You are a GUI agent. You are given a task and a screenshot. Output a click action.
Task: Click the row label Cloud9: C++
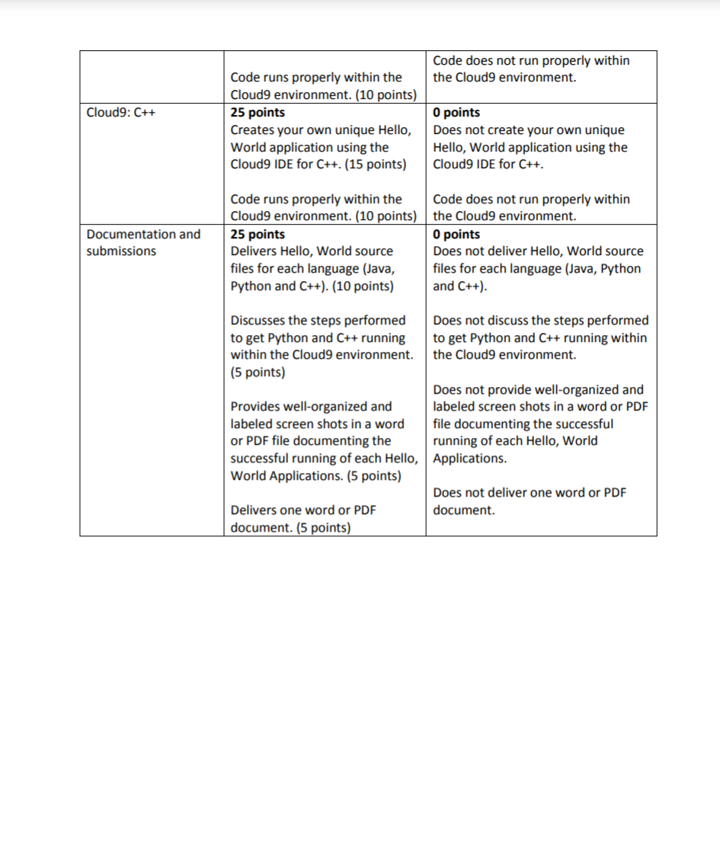pos(121,113)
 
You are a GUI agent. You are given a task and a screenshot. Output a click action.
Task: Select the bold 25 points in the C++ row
pos(258,113)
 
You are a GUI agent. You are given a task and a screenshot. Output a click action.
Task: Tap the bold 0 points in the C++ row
pos(456,113)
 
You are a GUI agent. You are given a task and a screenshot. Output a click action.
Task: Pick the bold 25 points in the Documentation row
pos(258,234)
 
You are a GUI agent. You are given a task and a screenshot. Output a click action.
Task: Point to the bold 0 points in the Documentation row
pos(456,234)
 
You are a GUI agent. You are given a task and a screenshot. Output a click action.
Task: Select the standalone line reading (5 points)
pos(258,372)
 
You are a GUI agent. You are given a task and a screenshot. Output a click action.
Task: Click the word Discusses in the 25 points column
pos(256,320)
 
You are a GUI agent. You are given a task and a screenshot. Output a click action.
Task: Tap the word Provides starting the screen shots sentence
pos(254,407)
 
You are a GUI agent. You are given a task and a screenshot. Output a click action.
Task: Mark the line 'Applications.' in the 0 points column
pos(469,459)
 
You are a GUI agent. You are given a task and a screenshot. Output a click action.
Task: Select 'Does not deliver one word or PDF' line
pos(529,493)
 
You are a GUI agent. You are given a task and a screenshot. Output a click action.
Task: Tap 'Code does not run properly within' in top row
pos(531,60)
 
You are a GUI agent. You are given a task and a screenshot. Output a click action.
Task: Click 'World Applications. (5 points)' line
pos(315,476)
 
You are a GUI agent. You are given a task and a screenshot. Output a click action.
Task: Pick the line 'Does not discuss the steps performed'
pos(540,320)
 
